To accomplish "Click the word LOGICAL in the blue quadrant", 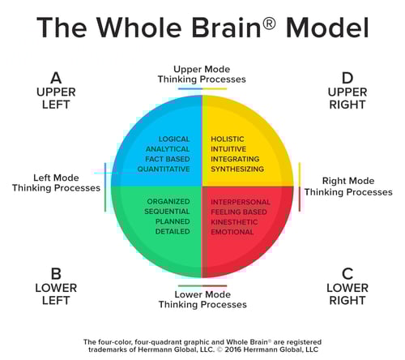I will pyautogui.click(x=173, y=139).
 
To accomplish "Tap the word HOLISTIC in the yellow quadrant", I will pyautogui.click(x=228, y=139).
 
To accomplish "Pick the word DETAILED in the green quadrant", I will pyautogui.click(x=172, y=231).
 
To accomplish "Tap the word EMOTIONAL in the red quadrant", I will pyautogui.click(x=232, y=232).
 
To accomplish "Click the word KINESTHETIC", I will pyautogui.click(x=235, y=221).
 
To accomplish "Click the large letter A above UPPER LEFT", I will pyautogui.click(x=56, y=78).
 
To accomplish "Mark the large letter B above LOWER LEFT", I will pyautogui.click(x=56, y=272).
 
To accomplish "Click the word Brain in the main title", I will pyautogui.click(x=220, y=28).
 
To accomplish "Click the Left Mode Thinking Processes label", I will pyautogui.click(x=56, y=182).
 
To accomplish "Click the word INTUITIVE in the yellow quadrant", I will pyautogui.click(x=229, y=149).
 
